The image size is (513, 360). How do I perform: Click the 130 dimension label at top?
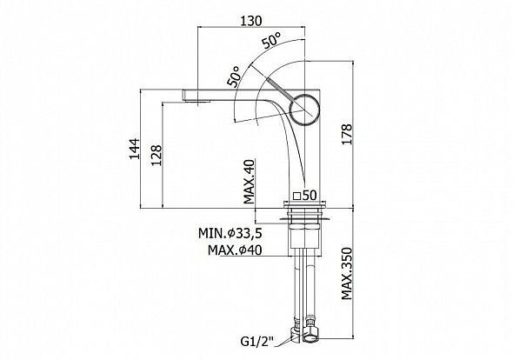point(251,21)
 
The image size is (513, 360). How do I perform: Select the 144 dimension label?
point(134,149)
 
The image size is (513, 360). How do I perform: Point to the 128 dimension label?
point(157,155)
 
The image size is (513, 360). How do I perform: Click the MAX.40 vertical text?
point(250,182)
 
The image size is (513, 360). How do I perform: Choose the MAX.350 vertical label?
point(347,274)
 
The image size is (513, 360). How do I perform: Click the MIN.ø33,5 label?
point(230,233)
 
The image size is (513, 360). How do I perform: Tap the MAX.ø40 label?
point(235,250)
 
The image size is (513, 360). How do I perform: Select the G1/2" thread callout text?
point(256,343)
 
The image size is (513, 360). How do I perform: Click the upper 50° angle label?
point(271,41)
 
